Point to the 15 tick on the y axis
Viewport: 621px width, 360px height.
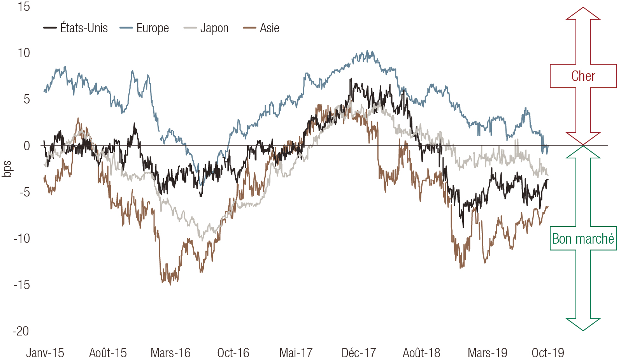[x=24, y=7]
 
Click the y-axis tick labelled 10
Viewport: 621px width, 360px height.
[x=24, y=53]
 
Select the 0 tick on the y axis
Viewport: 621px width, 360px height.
[x=26, y=146]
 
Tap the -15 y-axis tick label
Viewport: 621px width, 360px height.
[x=22, y=285]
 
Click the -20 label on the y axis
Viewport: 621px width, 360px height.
[x=21, y=331]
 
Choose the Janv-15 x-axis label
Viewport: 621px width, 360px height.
[x=45, y=353]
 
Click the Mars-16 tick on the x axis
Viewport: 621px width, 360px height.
[x=170, y=353]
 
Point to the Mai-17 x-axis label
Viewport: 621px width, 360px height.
[x=296, y=353]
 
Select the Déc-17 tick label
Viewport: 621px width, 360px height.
[x=359, y=353]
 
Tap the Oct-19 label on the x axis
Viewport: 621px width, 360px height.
[x=547, y=353]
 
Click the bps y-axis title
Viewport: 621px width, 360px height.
[x=7, y=169]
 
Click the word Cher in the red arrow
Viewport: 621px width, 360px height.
[x=583, y=76]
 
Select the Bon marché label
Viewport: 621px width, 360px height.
[x=583, y=239]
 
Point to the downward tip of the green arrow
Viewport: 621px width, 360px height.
[x=583, y=330]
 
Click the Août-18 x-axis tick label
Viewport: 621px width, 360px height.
[x=421, y=353]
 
